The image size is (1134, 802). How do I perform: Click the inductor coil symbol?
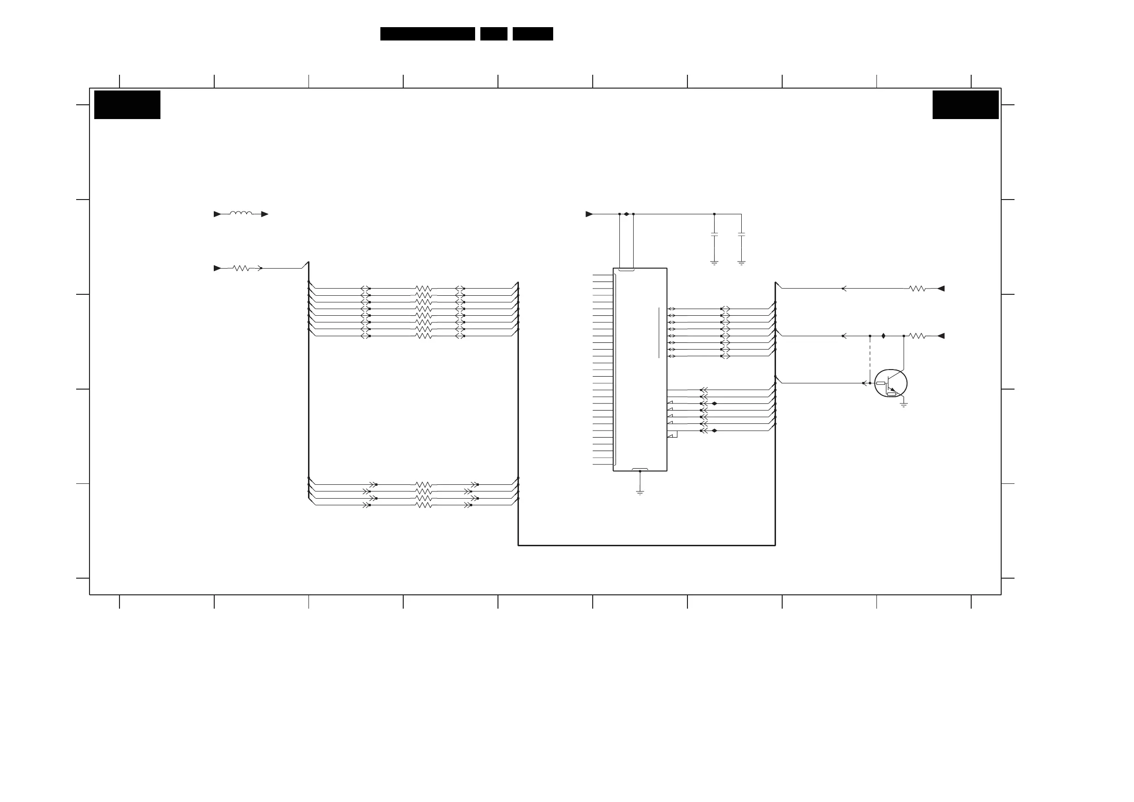click(x=240, y=213)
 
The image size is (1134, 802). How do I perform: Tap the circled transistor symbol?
click(x=891, y=383)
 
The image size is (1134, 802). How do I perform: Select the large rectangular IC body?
click(x=640, y=369)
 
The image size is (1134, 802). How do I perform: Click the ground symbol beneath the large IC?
click(x=640, y=492)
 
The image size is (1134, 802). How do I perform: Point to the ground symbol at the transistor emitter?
click(x=904, y=405)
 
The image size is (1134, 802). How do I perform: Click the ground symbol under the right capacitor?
click(x=741, y=263)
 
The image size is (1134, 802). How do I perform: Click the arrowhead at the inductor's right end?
click(x=265, y=214)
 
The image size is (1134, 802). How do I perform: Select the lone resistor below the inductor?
click(x=241, y=268)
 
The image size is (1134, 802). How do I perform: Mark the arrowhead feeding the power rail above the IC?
click(x=589, y=214)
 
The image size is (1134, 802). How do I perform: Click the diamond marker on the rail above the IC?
click(x=626, y=214)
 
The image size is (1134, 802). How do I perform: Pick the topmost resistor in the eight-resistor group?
click(x=423, y=289)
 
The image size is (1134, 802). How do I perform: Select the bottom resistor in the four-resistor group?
click(x=423, y=505)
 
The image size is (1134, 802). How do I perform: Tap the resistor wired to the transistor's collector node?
click(x=917, y=336)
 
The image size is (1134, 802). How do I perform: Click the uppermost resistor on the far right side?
click(x=917, y=289)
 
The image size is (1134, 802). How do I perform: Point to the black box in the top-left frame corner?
click(x=128, y=105)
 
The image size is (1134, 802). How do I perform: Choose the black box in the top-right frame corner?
click(x=965, y=105)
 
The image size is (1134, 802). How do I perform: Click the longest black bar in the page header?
click(x=427, y=34)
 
